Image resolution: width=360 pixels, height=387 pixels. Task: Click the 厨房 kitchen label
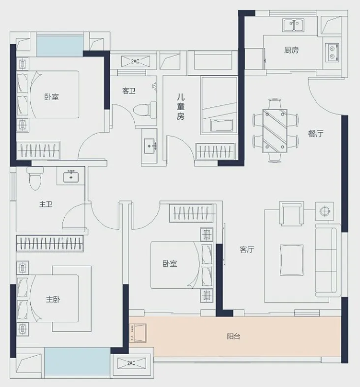(x=292, y=50)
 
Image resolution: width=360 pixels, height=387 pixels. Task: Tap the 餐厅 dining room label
(x=316, y=134)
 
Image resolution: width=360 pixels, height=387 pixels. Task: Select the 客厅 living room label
(x=247, y=249)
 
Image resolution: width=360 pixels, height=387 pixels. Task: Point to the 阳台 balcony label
(x=233, y=336)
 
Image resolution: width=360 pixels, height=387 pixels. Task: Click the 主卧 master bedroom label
(x=53, y=300)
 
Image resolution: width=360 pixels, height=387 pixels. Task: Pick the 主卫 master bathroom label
(x=46, y=204)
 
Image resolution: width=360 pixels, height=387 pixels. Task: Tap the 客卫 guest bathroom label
(x=129, y=91)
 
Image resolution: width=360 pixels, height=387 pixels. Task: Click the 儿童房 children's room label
(x=181, y=107)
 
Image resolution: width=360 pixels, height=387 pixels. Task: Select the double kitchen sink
(x=293, y=25)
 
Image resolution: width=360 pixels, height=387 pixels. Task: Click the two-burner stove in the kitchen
(x=332, y=53)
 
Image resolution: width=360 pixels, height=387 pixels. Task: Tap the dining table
(x=275, y=131)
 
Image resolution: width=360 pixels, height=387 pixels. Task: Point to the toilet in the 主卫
(x=35, y=178)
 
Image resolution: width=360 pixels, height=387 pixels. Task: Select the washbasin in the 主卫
(x=71, y=176)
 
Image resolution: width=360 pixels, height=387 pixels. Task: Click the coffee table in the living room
(x=292, y=260)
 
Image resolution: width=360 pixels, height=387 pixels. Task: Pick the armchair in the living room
(x=292, y=213)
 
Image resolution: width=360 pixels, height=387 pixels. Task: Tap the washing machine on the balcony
(x=138, y=333)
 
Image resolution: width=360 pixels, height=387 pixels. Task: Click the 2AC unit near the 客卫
(x=136, y=61)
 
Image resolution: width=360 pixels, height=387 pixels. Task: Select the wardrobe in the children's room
(x=215, y=151)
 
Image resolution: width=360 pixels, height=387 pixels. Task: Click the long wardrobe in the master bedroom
(x=50, y=244)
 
